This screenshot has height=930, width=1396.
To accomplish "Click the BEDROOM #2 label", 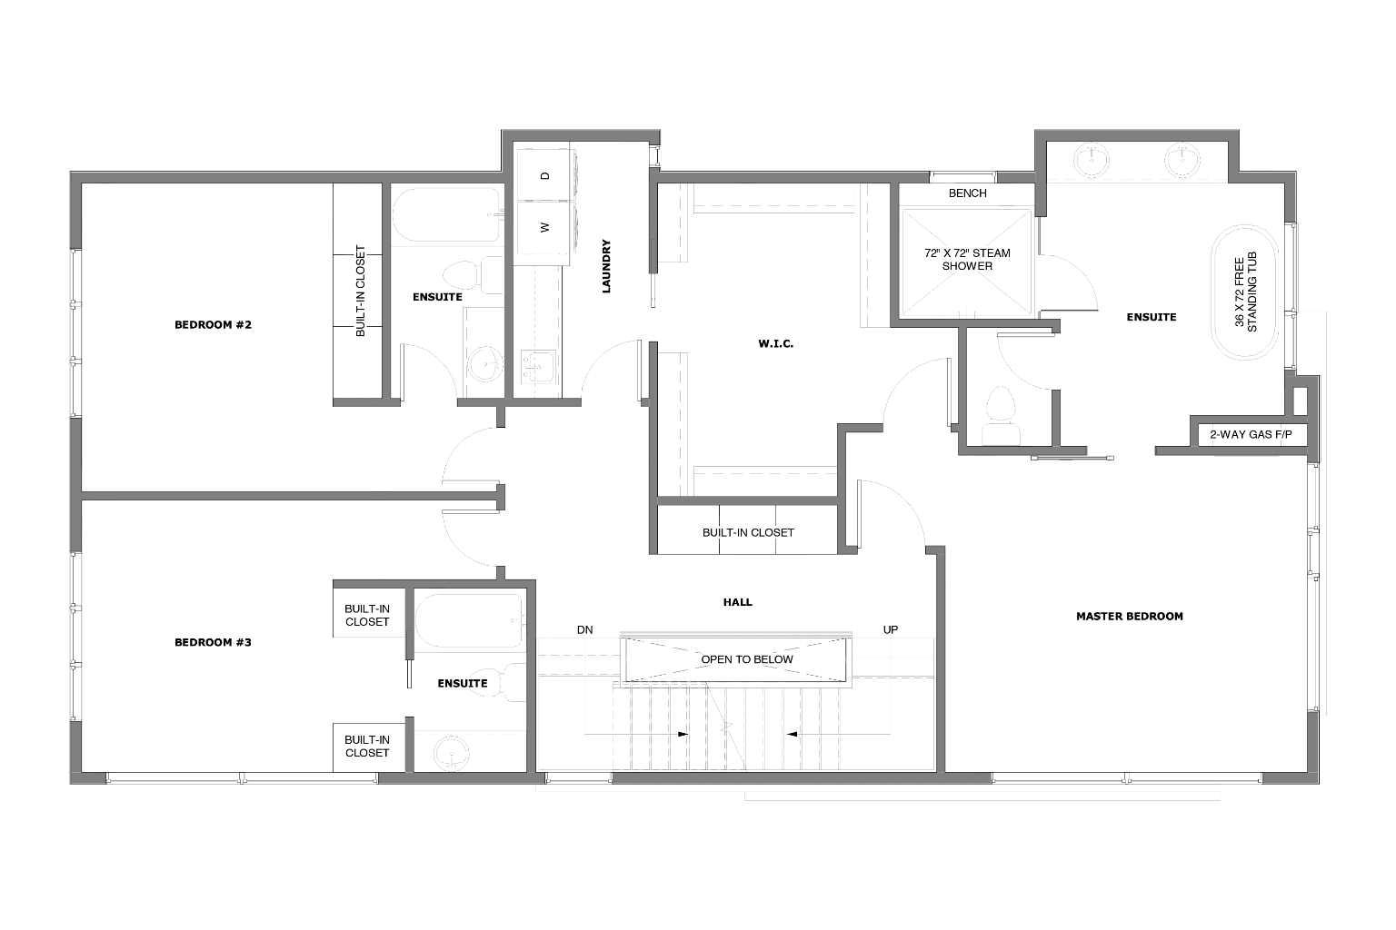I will pos(213,325).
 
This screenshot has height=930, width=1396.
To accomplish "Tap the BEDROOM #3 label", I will pos(213,643).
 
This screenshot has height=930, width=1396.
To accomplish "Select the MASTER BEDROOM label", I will pos(1129,617).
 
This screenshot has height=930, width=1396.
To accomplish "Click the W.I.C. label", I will pos(775,344).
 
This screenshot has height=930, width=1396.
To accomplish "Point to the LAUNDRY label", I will pos(606,266).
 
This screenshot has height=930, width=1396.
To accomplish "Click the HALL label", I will pos(737,602).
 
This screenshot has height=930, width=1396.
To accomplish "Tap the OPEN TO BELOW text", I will pos(746,659).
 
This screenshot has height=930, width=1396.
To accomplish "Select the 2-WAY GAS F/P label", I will pos(1251,435).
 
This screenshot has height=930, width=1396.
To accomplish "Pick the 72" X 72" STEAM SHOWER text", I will pos(967,260).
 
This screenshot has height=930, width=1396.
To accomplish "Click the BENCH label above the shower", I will pos(967,193).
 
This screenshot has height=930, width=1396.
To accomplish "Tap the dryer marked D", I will pos(544,175).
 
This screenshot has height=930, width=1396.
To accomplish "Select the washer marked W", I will pos(544,228).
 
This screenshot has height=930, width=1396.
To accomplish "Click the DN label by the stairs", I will pos(584,629).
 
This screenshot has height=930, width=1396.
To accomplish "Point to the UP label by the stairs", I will pos(891,629).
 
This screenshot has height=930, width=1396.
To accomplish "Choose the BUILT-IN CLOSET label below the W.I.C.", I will pos(747,533).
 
